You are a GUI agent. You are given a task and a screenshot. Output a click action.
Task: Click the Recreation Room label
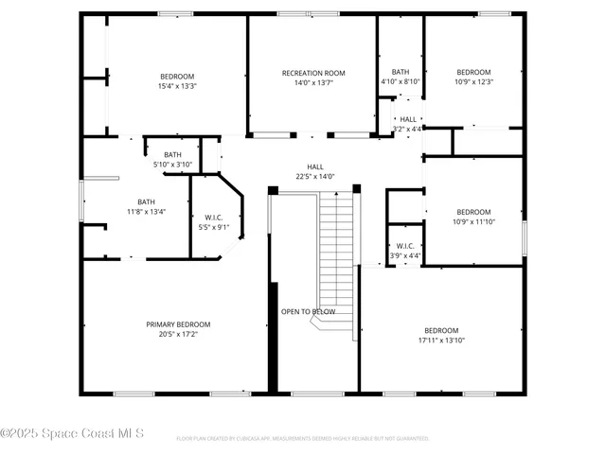pos(313,73)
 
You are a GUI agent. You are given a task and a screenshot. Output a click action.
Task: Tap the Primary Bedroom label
pos(171,323)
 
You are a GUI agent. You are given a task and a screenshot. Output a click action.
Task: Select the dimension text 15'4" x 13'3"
pos(177,86)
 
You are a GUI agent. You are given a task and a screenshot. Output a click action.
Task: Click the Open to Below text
pos(308,311)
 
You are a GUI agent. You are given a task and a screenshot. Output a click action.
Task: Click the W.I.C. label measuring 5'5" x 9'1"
pos(213,218)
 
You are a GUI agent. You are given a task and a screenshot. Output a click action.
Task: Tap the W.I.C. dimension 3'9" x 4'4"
pos(405,255)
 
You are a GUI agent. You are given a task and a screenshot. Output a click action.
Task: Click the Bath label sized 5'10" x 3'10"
pos(172,155)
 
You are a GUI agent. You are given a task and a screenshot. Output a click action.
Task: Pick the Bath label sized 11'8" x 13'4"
pos(147,201)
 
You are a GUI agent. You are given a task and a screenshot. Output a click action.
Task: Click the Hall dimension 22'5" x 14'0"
pos(315,176)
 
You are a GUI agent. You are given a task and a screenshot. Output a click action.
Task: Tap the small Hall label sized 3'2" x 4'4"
pos(407,119)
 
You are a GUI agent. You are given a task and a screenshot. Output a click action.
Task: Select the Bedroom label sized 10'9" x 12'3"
pos(473,73)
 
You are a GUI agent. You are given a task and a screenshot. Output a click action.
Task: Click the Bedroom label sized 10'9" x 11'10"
pos(473,212)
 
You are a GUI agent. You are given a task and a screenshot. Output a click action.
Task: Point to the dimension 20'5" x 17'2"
pos(171,333)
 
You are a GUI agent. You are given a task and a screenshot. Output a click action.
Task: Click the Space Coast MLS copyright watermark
pos(73,434)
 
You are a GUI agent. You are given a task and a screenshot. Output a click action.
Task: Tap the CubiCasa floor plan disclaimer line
pos(303,438)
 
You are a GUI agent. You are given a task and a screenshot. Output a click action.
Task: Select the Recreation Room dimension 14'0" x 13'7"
pos(313,82)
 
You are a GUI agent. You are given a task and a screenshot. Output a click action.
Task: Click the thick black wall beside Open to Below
pos(274,336)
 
